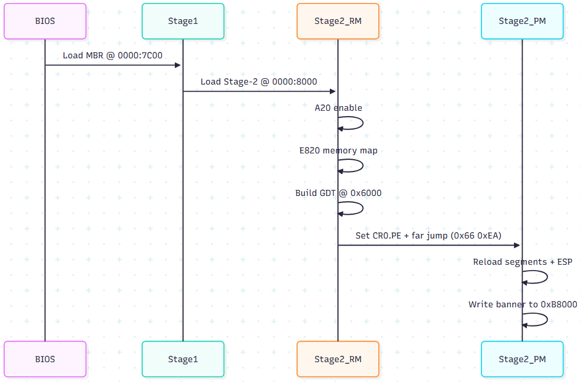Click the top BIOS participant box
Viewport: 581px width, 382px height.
(45, 21)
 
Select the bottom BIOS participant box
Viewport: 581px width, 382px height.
(45, 359)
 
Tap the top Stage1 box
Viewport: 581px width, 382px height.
(183, 21)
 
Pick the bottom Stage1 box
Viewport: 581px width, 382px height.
(183, 359)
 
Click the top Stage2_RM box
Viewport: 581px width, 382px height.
(338, 21)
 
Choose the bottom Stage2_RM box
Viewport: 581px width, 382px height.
(338, 359)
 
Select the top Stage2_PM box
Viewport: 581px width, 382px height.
(522, 21)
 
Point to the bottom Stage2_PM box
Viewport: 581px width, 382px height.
(522, 359)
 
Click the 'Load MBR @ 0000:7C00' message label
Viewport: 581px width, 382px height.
(112, 55)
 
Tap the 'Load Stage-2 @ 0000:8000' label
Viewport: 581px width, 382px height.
(259, 82)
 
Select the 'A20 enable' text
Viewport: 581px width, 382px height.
(338, 108)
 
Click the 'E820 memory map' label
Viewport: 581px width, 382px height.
(338, 150)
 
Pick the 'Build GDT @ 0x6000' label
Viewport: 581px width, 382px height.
(338, 193)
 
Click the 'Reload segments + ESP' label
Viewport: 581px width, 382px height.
(522, 262)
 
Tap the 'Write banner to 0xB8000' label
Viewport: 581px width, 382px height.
(522, 304)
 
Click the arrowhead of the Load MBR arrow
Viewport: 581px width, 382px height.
(178, 65)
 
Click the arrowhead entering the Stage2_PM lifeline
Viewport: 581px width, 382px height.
(517, 245)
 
